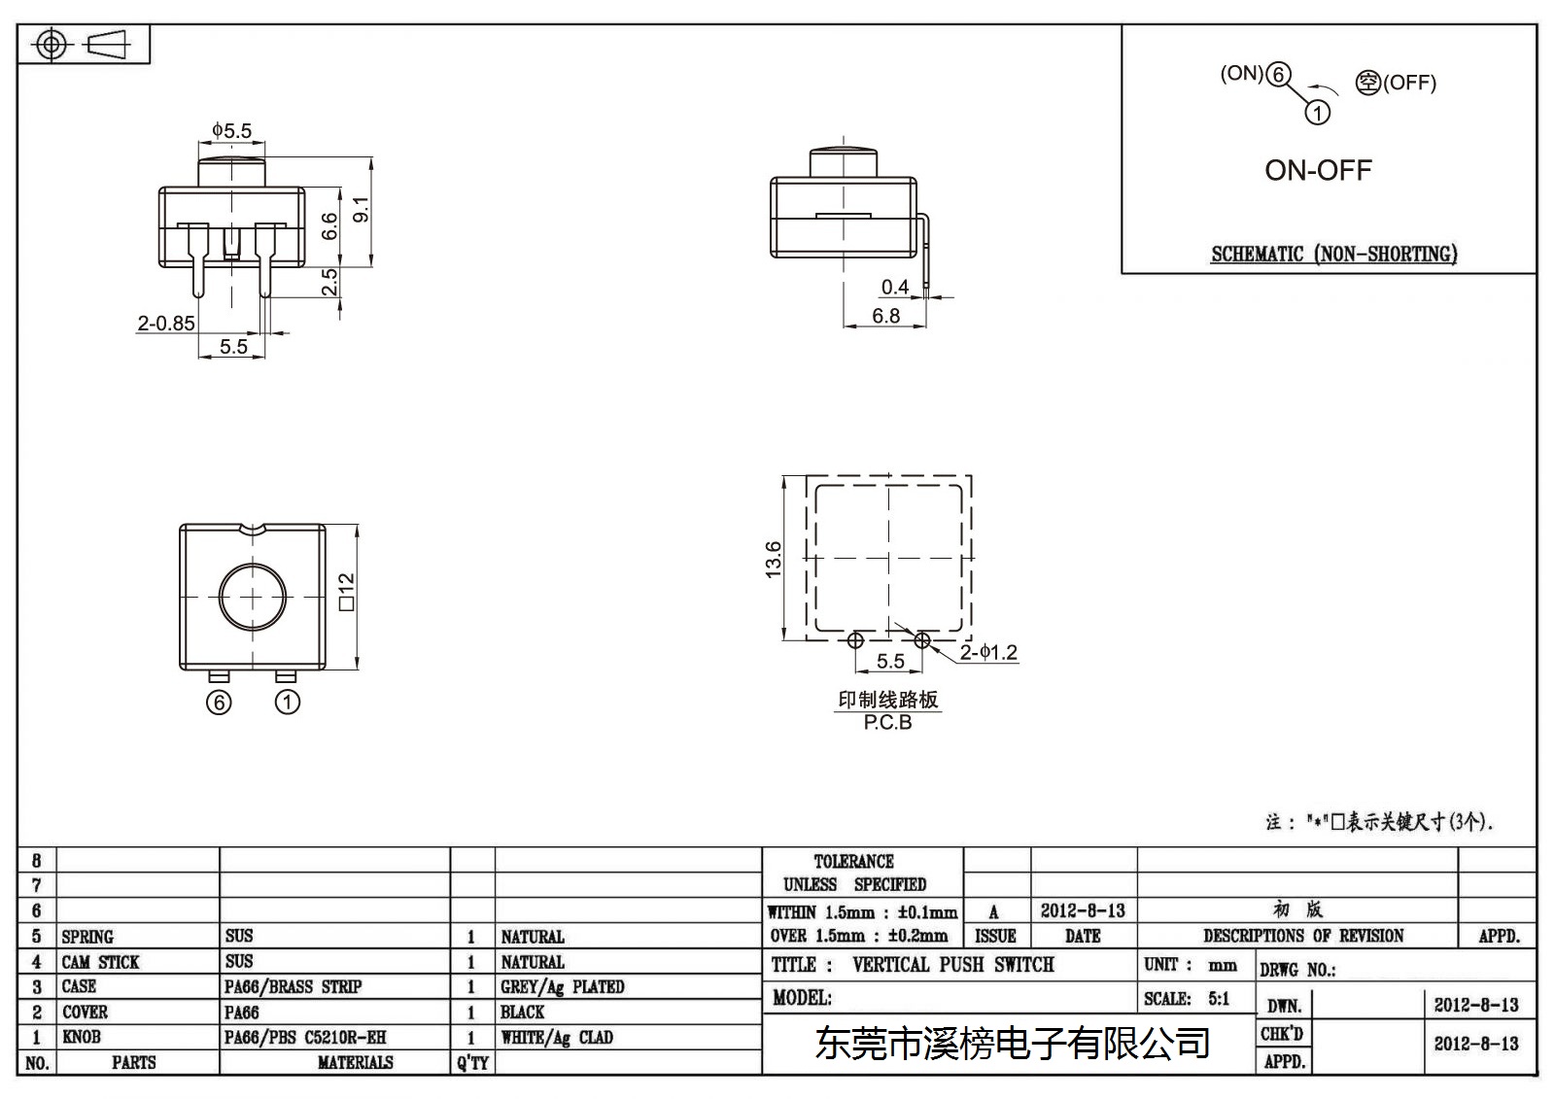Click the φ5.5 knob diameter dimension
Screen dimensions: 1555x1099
[232, 130]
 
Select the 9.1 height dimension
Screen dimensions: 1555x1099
[362, 209]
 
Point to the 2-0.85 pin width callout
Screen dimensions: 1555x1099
[166, 323]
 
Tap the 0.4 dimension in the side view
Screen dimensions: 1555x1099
[895, 287]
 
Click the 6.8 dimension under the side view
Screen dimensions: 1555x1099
[885, 316]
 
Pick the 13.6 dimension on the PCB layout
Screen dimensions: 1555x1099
[773, 559]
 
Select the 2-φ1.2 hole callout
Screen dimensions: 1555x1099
[988, 652]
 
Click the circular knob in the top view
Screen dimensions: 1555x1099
[252, 597]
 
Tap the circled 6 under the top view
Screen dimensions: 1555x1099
[219, 703]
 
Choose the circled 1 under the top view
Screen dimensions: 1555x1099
[288, 702]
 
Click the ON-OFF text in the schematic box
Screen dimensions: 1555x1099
[1318, 170]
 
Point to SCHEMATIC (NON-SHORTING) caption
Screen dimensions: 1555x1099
[1334, 254]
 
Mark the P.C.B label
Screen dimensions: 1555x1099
[888, 723]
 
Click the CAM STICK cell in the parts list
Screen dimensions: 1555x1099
[101, 962]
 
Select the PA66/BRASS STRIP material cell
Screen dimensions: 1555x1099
[293, 986]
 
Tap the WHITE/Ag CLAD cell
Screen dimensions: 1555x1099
[557, 1037]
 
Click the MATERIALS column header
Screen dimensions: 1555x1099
[356, 1062]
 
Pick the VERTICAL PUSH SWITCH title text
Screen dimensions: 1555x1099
[953, 964]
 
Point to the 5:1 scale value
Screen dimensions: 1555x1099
[1219, 998]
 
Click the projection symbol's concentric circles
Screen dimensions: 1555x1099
[51, 45]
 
